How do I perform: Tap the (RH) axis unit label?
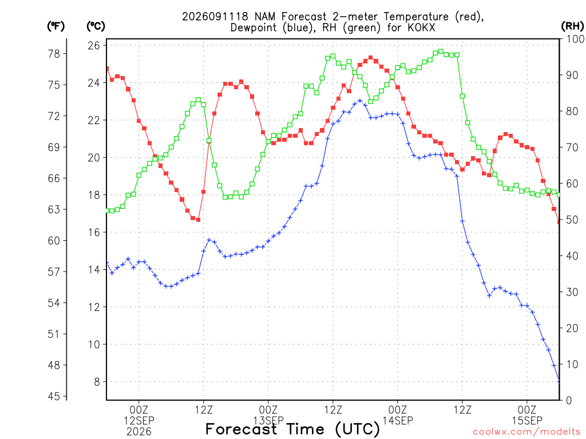572,26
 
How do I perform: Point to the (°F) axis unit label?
56,26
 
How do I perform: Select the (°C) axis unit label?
96,26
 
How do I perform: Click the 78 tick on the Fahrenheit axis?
54,54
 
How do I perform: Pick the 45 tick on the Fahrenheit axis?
54,396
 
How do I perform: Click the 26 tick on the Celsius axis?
94,46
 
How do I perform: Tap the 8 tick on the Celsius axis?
97,382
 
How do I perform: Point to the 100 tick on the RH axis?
575,39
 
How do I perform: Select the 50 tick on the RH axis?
572,220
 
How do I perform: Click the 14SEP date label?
398,421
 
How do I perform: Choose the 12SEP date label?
139,421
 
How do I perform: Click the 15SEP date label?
527,421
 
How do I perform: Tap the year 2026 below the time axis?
139,432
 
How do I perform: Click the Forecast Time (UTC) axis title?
292,429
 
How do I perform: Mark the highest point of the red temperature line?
371,58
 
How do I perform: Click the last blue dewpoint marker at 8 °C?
559,381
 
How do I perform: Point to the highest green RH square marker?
441,51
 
